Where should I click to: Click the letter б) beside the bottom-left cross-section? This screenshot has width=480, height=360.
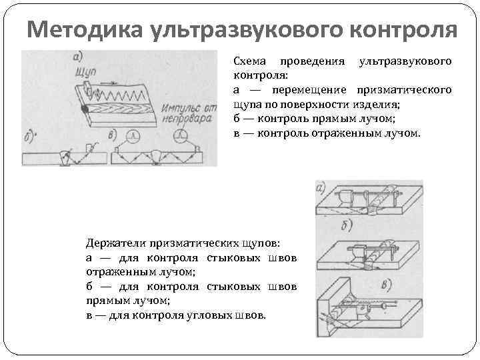pos(29,142)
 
